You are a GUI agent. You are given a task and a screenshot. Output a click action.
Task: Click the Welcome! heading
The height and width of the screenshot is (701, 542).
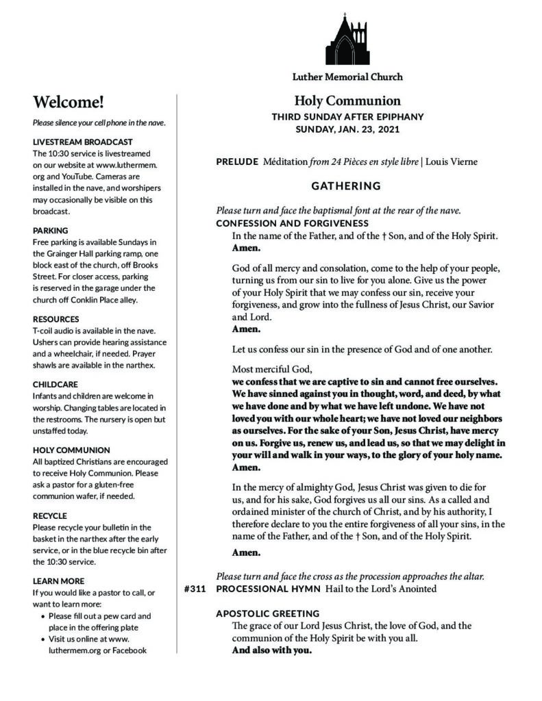tap(69, 103)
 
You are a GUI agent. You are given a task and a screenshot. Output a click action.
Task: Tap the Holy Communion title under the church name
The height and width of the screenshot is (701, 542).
tap(347, 101)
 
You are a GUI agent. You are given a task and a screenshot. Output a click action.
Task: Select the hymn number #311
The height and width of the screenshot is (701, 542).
tap(196, 589)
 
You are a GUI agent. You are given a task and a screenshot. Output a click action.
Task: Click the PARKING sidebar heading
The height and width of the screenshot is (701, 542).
tap(51, 231)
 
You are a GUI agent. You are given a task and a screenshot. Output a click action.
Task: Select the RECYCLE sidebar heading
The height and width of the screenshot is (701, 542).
tap(50, 515)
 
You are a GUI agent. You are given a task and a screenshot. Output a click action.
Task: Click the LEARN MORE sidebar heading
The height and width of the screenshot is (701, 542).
tap(58, 581)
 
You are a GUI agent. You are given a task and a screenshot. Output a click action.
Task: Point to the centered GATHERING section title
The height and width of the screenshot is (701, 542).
tap(346, 186)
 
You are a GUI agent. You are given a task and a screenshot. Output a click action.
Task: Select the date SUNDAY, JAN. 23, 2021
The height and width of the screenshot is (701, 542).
tap(347, 129)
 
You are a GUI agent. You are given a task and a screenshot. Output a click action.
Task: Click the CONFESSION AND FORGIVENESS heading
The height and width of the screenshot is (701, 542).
tap(292, 224)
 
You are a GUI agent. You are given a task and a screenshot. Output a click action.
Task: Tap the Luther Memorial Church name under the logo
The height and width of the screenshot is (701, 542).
tap(347, 77)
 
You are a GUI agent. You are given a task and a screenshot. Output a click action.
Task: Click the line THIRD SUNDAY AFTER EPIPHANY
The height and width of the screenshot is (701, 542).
tap(347, 116)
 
